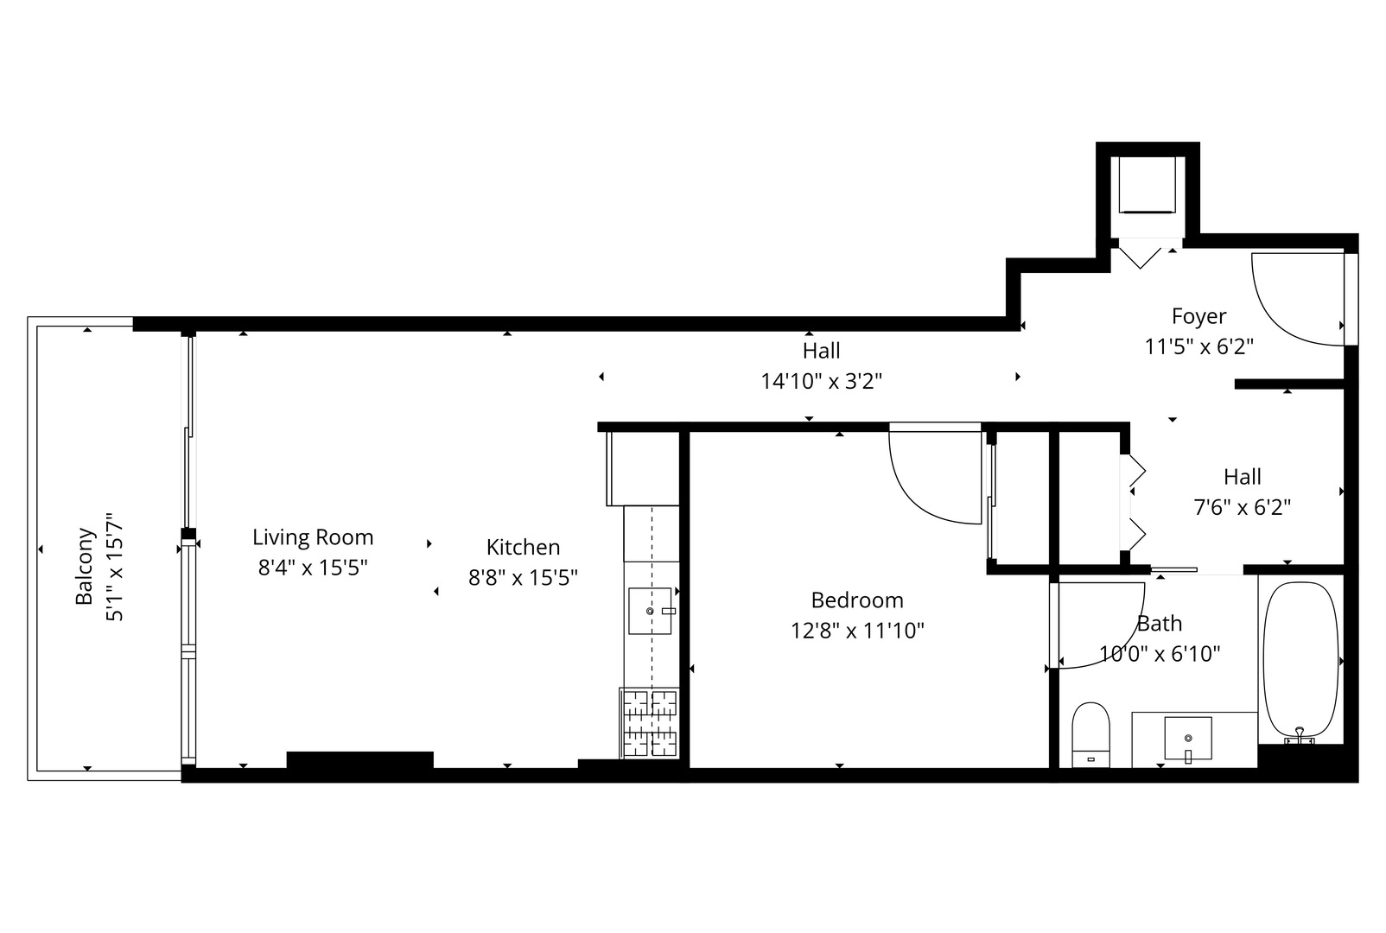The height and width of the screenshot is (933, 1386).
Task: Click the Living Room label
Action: (313, 537)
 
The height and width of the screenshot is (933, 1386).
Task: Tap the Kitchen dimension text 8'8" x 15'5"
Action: (523, 577)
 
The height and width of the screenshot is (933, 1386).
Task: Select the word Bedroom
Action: (857, 600)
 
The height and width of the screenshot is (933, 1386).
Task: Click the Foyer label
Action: (1198, 316)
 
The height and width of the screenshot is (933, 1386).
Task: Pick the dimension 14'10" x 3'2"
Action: (821, 381)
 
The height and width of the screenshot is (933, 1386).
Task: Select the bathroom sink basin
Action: (1188, 737)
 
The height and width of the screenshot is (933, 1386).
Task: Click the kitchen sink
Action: (650, 611)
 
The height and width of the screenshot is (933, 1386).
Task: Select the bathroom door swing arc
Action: (1102, 626)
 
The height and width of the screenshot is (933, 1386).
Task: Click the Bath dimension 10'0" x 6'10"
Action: (1160, 654)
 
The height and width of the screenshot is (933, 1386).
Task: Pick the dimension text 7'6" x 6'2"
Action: (1242, 507)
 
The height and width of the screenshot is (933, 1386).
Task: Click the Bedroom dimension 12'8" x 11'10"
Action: (857, 631)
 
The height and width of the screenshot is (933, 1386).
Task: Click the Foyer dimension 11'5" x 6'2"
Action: (1198, 346)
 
